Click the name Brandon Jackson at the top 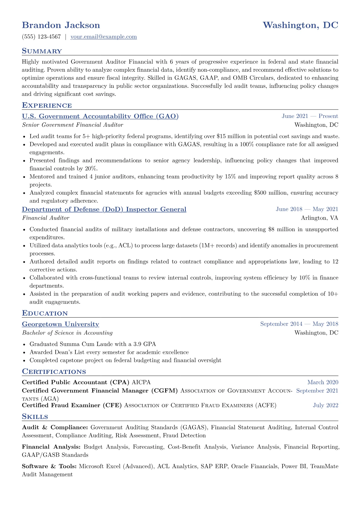pos(61,25)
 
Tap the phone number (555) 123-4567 pos(41,37)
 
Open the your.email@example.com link pos(103,37)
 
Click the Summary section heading pos(42,51)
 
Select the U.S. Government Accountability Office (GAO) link pos(100,116)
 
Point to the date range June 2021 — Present pos(310,116)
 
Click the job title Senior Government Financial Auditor pos(73,125)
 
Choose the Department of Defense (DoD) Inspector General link pos(104,209)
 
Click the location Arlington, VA pos(319,218)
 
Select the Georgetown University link pos(61,324)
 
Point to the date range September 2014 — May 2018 pos(299,324)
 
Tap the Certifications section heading pos(54,372)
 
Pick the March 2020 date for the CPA pos(322,382)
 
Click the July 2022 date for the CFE pos(326,405)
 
